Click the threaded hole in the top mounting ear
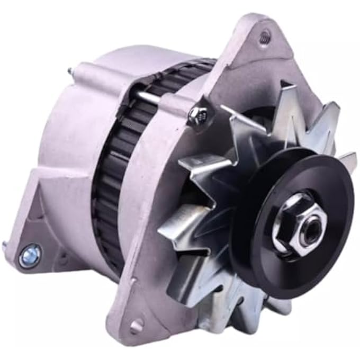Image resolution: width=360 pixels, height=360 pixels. click(265, 37)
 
